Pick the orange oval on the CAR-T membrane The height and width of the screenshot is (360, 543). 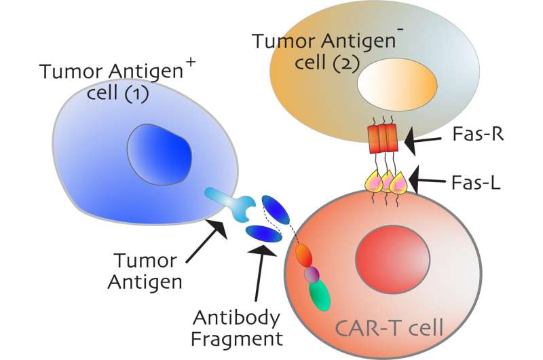click(x=305, y=255)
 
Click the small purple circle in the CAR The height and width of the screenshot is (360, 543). click(x=311, y=274)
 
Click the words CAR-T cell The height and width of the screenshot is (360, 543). click(x=391, y=331)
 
